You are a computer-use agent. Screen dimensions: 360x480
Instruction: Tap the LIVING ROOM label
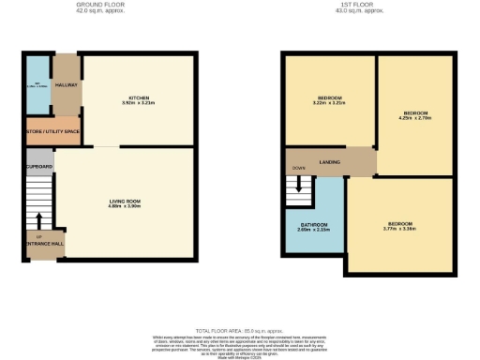coord(123,200)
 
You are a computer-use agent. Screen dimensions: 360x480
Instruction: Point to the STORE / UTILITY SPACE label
coord(53,131)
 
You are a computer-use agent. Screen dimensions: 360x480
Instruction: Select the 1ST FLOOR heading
coord(373,5)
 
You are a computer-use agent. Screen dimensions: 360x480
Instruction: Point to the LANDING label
coord(329,162)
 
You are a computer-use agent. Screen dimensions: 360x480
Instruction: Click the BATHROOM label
coord(313,224)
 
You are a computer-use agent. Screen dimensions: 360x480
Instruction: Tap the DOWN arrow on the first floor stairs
coord(300,183)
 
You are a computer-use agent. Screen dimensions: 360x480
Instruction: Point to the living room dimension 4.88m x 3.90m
coord(123,205)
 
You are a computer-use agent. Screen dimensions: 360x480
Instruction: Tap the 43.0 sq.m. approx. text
coord(373,11)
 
